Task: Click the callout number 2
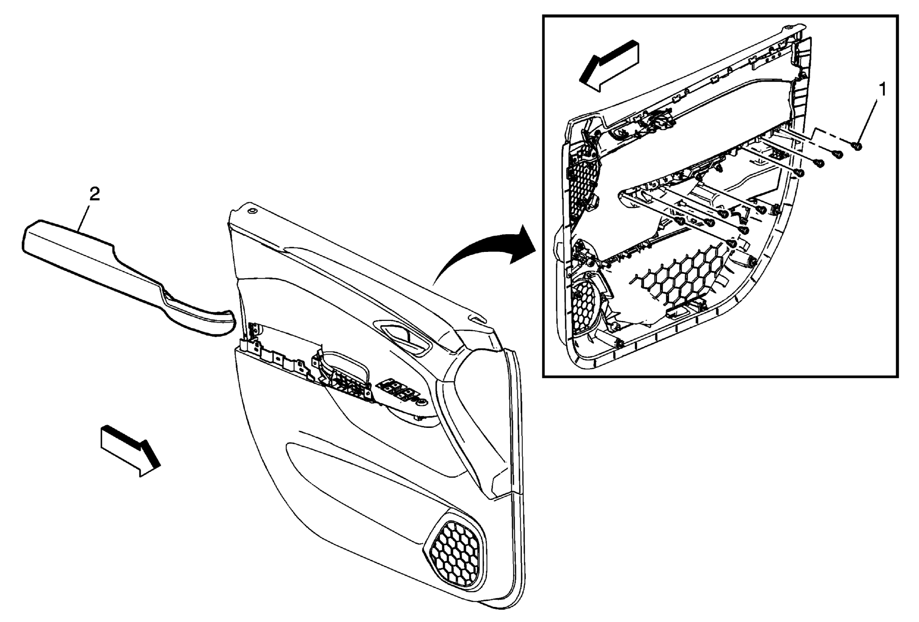coord(94,194)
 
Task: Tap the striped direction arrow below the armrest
coord(130,451)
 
